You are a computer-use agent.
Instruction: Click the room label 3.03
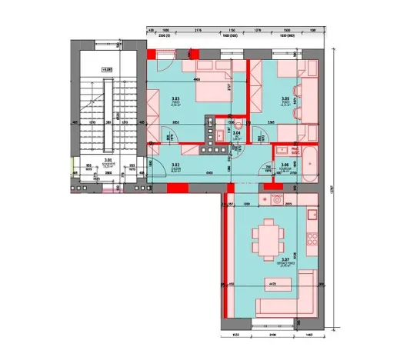(175, 99)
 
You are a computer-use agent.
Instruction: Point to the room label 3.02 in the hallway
(175, 165)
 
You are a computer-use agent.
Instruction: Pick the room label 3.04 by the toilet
(237, 133)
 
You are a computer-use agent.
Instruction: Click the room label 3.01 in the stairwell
(108, 161)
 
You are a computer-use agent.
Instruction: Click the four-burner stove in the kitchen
(312, 235)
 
